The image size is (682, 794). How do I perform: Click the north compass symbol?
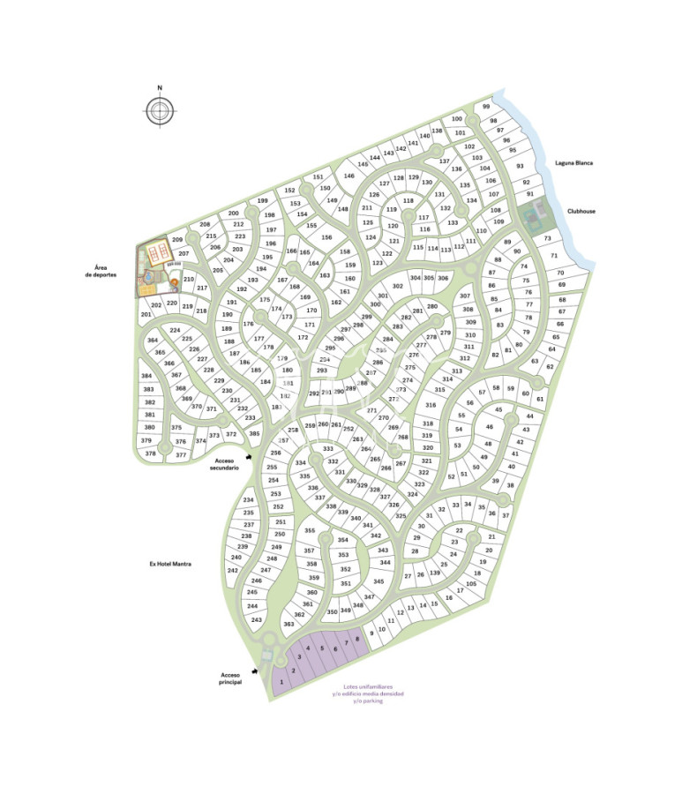[x=160, y=110]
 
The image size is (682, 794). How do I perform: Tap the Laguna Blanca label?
[x=573, y=163]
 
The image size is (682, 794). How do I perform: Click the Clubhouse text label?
[x=583, y=212]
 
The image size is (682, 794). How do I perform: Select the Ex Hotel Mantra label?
[x=171, y=563]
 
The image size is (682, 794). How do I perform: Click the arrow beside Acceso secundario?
[x=250, y=457]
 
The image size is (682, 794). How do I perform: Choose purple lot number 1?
[x=281, y=682]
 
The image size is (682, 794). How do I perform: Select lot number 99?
[x=486, y=107]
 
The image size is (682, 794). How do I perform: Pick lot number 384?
[x=147, y=376]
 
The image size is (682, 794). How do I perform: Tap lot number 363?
[x=289, y=624]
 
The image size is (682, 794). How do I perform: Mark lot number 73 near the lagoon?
[x=547, y=238]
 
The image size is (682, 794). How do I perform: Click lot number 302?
[x=398, y=286]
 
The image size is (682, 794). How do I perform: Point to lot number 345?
[x=378, y=581]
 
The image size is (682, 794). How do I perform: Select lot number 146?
[x=348, y=176]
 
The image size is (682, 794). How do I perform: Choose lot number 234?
[x=248, y=500]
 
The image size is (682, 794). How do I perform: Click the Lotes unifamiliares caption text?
[x=369, y=693]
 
